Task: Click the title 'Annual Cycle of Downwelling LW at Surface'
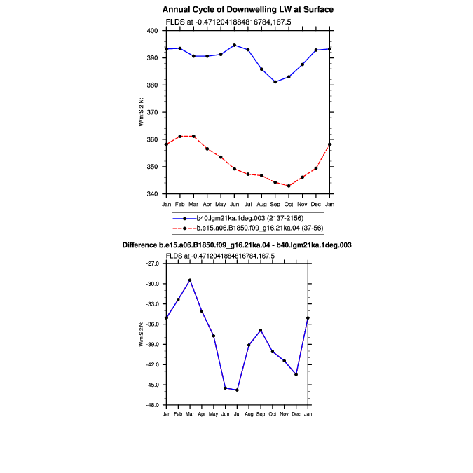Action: pos(248,10)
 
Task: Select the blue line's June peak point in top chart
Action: pos(234,46)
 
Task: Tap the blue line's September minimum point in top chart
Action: pos(275,82)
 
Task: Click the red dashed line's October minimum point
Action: pos(289,186)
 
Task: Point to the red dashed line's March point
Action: pos(193,137)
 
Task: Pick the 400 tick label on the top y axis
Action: pos(152,31)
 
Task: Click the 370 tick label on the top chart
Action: pos(152,112)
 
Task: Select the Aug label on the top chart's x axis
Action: pos(261,204)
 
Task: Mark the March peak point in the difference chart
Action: pos(190,280)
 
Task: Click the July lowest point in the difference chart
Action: pos(237,390)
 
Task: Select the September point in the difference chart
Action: pos(261,330)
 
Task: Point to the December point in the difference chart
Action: pos(296,374)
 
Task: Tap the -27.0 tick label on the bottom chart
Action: pos(153,263)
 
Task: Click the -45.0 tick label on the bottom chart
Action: pos(153,385)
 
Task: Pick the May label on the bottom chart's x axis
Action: pos(213,414)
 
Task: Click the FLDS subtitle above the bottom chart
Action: pos(220,256)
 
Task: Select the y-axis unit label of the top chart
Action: pos(141,112)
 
